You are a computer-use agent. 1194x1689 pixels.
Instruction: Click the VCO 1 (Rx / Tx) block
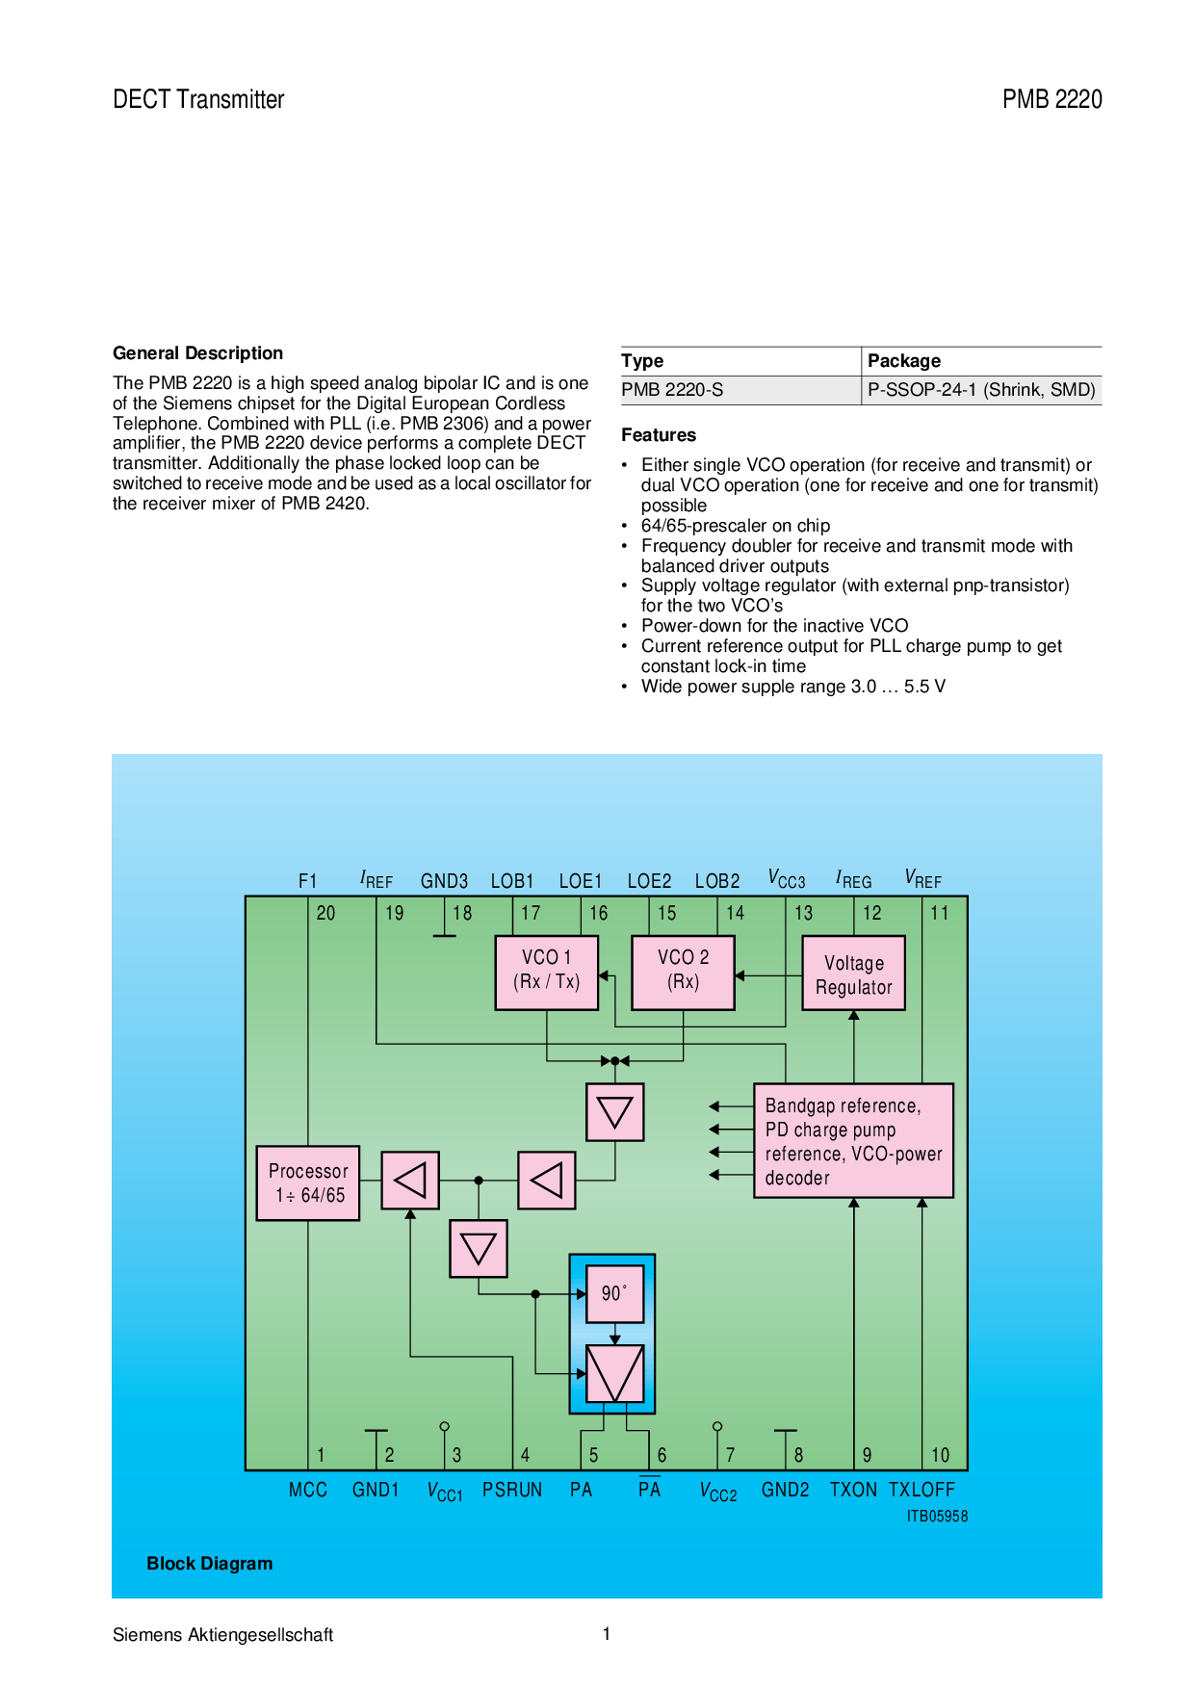point(546,973)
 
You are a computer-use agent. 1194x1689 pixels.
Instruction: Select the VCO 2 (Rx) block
point(683,973)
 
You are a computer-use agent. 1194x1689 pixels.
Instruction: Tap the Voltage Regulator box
point(853,973)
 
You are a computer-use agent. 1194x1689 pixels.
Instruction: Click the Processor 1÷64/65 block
point(308,1183)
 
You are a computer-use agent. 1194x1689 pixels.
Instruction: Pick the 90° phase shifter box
point(614,1293)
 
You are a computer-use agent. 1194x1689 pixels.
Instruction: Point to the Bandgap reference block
point(853,1141)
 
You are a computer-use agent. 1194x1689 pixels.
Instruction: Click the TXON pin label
point(853,1490)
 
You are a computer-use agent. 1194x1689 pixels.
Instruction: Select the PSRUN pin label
point(512,1490)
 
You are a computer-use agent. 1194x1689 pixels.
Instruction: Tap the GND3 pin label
point(444,881)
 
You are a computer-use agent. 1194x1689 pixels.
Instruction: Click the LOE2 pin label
point(649,881)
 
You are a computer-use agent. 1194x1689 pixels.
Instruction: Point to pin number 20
point(325,913)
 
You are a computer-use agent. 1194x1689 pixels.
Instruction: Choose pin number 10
point(940,1455)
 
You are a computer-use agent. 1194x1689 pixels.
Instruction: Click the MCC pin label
point(308,1490)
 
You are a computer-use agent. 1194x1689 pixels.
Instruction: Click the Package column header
point(904,361)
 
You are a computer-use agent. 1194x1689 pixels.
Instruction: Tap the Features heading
point(659,435)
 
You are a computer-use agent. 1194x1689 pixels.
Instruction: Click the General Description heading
point(197,353)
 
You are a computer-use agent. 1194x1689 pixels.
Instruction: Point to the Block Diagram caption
point(210,1564)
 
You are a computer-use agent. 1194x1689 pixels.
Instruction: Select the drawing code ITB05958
point(937,1517)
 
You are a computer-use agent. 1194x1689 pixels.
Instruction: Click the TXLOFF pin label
point(921,1490)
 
